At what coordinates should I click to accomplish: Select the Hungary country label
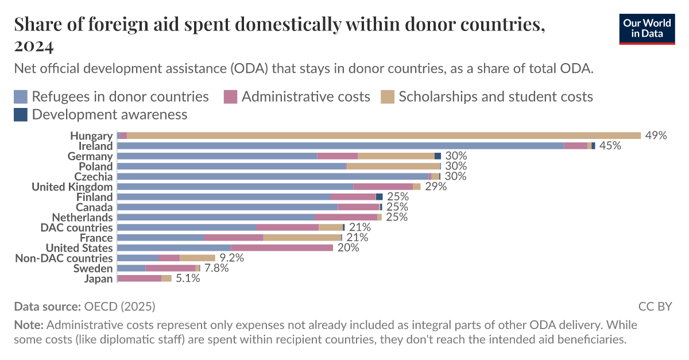91,136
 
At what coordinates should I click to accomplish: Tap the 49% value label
656,136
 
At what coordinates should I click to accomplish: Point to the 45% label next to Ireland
610,146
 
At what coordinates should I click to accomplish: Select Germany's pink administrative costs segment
338,156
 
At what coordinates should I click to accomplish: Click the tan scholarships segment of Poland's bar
393,167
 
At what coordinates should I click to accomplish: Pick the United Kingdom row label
72,187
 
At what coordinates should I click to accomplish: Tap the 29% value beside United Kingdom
436,187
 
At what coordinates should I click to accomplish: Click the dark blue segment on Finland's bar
379,197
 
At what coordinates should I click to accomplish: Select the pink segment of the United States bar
282,248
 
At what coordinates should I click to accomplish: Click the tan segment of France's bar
302,238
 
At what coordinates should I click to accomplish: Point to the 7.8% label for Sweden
216,268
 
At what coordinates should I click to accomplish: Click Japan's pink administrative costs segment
140,278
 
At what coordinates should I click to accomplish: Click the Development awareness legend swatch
21,114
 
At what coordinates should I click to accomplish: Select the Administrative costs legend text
305,96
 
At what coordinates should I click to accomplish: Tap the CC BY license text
655,306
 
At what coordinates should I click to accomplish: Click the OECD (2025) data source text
119,306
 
